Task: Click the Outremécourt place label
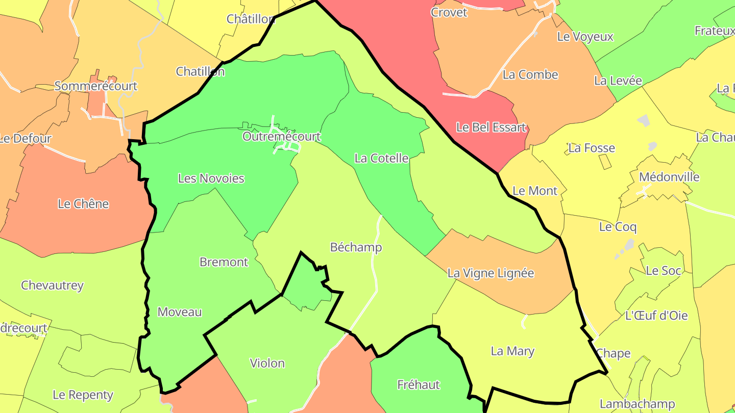click(281, 137)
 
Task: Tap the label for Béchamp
click(356, 247)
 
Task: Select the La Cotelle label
click(381, 158)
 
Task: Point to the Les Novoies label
click(211, 178)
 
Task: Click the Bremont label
click(224, 262)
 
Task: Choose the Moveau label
click(180, 312)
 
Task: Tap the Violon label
click(267, 363)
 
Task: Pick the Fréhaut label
click(418, 384)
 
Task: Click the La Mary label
click(512, 351)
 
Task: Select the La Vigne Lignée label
click(491, 273)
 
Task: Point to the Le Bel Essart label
click(491, 127)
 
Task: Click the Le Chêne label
click(83, 204)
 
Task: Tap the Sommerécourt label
click(95, 86)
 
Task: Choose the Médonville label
click(669, 177)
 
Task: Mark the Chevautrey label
click(52, 285)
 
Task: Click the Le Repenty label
click(83, 395)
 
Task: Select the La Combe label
click(530, 74)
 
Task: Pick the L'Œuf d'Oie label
click(656, 316)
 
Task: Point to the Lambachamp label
click(637, 404)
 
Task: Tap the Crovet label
click(449, 12)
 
